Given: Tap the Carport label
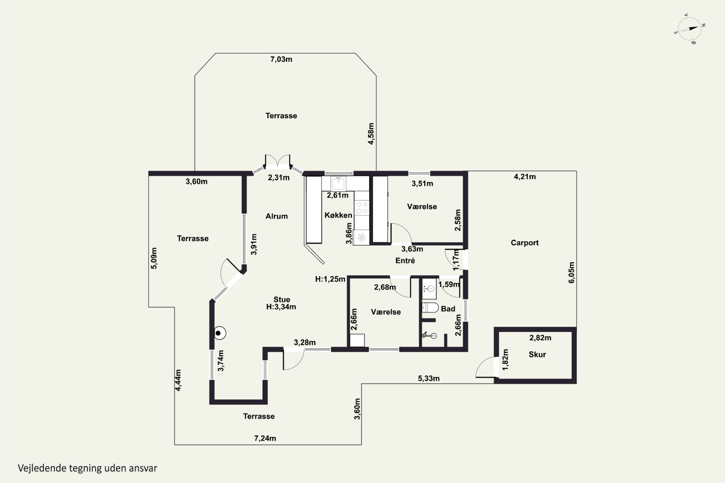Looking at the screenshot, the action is [525, 243].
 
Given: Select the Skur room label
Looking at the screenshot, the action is [537, 354].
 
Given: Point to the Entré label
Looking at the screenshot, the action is [405, 260].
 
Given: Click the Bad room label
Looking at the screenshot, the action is [448, 309].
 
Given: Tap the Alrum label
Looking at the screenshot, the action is [276, 216].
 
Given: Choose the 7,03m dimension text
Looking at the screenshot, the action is [281, 59].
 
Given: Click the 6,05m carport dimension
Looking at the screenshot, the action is [571, 272].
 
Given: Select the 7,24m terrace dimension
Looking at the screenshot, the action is [265, 438].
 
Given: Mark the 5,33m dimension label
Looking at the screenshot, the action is [429, 378].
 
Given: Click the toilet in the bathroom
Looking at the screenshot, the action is [430, 307].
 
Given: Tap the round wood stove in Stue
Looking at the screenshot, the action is [220, 333].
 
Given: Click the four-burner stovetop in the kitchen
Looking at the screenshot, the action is [362, 208].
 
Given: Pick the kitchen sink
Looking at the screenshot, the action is [338, 184].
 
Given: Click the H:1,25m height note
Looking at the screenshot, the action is [330, 279].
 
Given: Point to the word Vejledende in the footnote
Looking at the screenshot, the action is [42, 468].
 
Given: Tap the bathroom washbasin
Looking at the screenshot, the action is [429, 289].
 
